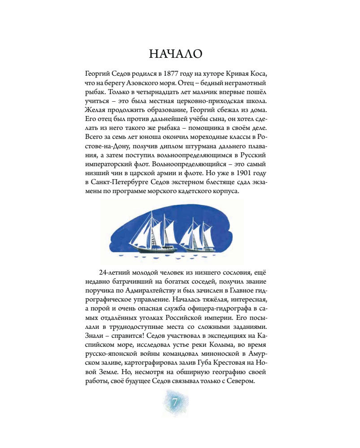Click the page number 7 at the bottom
[174, 403]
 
